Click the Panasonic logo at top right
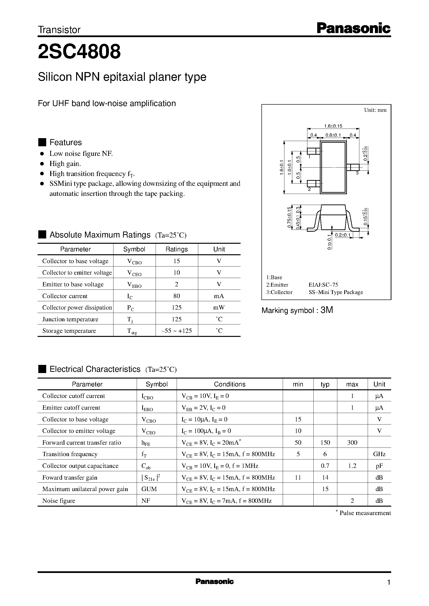[353, 28]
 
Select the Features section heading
[66, 142]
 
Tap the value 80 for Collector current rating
[176, 296]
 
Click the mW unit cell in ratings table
[219, 307]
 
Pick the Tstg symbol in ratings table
[132, 331]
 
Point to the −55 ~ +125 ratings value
[176, 331]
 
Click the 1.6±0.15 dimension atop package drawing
[333, 126]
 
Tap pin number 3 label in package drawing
[357, 173]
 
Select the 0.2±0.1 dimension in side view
[342, 235]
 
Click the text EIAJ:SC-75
[323, 285]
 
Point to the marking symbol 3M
[327, 310]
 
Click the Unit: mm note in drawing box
[375, 110]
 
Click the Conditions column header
[229, 384]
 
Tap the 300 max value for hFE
[352, 442]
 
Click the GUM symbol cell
[149, 489]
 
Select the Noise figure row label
[59, 501]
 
